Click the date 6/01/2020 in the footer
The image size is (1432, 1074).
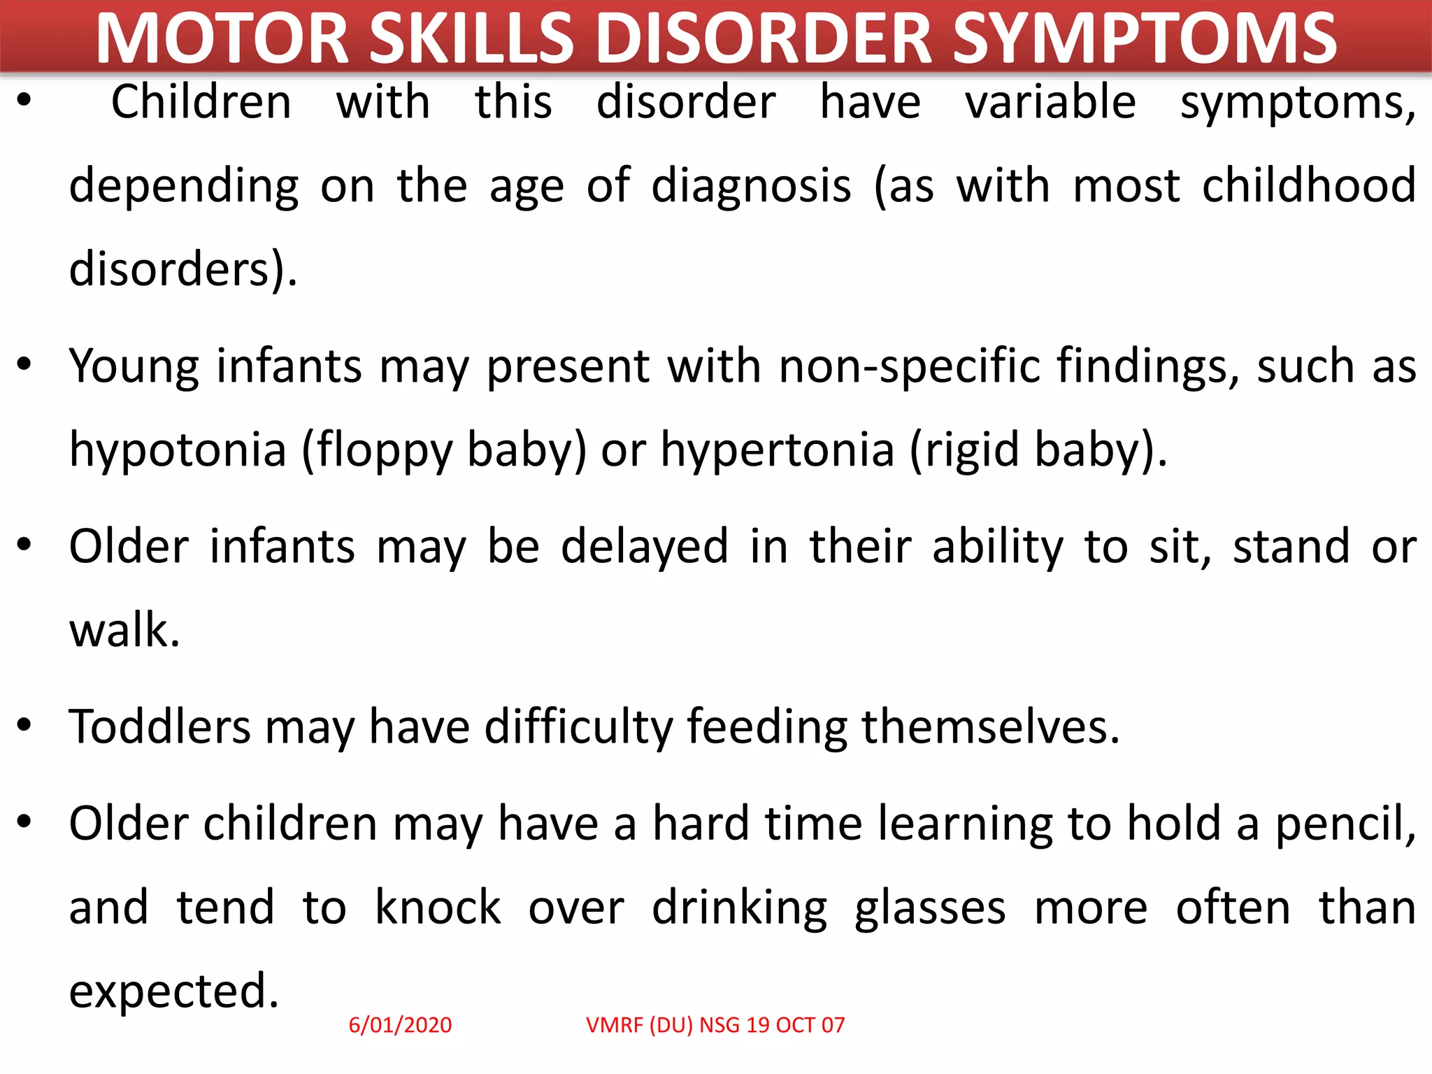tap(400, 1025)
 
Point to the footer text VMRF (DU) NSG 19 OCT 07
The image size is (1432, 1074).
tap(715, 1025)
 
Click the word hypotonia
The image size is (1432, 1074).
tap(178, 450)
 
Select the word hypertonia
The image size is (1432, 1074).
tap(778, 450)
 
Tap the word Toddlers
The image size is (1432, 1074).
tap(159, 726)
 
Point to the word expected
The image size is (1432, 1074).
tap(173, 992)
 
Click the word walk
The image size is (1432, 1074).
tap(124, 630)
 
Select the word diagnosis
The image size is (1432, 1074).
tap(752, 187)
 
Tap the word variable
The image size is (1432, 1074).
tap(1050, 102)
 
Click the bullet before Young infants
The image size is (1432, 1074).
tap(24, 364)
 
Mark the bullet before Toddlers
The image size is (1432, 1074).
tap(24, 725)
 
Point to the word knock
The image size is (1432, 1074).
tap(438, 908)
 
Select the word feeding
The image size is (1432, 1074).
tap(767, 726)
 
